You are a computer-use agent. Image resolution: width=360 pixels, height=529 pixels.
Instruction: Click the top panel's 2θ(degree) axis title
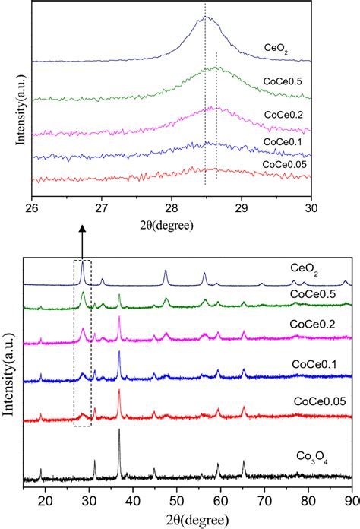tap(170, 225)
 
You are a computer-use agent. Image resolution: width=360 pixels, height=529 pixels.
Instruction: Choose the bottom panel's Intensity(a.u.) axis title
tap(11, 380)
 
